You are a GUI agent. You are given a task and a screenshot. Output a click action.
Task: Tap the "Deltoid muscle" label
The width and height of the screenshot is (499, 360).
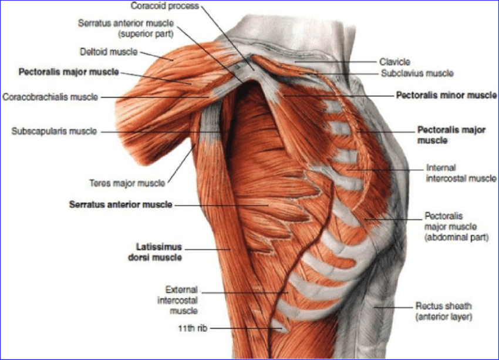(108, 52)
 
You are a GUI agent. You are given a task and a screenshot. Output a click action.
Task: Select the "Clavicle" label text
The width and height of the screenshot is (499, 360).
(395, 61)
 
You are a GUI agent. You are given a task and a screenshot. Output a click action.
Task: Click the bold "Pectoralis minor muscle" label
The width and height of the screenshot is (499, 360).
(446, 95)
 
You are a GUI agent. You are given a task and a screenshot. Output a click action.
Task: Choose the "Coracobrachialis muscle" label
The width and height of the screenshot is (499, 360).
(50, 96)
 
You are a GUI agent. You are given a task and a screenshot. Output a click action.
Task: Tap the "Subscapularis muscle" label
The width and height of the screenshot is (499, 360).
(54, 132)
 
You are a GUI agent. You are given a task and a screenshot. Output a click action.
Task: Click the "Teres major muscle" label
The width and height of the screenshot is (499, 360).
(137, 183)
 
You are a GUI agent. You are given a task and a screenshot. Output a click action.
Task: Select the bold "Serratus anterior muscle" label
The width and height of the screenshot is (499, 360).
(120, 204)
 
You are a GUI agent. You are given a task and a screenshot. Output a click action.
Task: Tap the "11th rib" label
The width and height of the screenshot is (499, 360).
(190, 329)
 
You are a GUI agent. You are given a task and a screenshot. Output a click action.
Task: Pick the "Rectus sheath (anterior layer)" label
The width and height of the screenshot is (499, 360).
(443, 311)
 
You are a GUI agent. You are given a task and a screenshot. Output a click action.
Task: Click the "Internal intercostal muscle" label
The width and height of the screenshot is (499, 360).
(453, 173)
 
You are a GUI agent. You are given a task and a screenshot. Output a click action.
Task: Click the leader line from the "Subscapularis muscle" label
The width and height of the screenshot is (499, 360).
(159, 132)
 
